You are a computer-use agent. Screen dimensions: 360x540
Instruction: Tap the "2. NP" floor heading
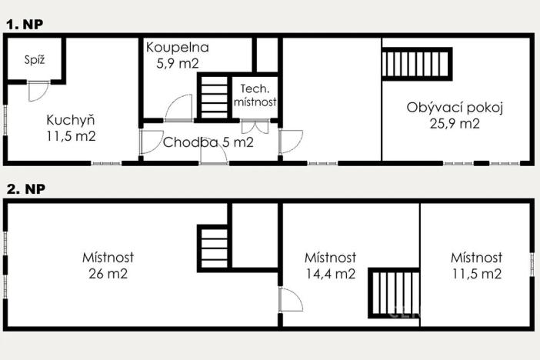(25, 188)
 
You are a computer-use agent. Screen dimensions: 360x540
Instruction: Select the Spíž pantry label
(32, 59)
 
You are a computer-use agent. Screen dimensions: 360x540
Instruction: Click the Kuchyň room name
(70, 120)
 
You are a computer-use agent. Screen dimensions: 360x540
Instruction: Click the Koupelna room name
(178, 48)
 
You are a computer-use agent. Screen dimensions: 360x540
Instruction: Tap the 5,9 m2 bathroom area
(178, 63)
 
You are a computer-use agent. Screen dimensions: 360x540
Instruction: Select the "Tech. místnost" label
(255, 95)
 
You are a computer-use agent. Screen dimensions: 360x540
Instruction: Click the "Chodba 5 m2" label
(208, 142)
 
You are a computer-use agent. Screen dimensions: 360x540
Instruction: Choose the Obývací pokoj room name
(455, 108)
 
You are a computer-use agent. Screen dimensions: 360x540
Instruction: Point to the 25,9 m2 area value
(455, 123)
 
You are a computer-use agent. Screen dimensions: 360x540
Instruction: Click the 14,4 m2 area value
(330, 273)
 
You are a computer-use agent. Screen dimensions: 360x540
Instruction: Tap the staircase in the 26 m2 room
(215, 247)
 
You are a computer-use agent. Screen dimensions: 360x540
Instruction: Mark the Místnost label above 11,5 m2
(477, 258)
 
